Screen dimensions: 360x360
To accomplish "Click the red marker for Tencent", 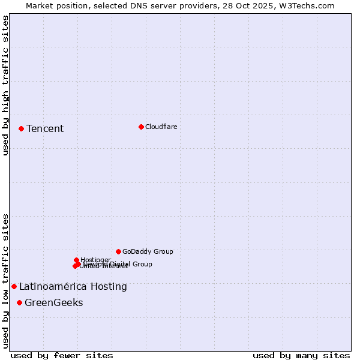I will [21, 128].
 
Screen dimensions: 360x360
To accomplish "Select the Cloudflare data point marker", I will [141, 127].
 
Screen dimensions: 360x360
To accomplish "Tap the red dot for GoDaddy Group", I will [118, 251].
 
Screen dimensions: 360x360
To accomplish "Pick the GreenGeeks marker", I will [20, 302].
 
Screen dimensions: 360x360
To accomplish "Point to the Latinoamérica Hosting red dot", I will [14, 286].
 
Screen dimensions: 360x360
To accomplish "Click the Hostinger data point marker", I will [76, 260].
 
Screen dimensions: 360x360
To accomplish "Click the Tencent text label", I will [45, 128].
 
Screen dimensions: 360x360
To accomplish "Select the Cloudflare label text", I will [161, 127].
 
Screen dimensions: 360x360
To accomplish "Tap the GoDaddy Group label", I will [148, 251].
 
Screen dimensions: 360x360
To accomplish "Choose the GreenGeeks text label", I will [54, 302].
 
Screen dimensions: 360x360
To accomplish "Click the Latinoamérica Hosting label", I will [73, 286].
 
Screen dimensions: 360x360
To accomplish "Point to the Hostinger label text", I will [96, 260].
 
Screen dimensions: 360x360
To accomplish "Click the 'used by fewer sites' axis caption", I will [62, 355].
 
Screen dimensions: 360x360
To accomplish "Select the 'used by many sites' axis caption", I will [301, 355].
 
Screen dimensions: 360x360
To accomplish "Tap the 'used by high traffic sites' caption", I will [5, 85].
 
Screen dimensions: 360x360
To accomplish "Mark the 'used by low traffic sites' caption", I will [5, 280].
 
